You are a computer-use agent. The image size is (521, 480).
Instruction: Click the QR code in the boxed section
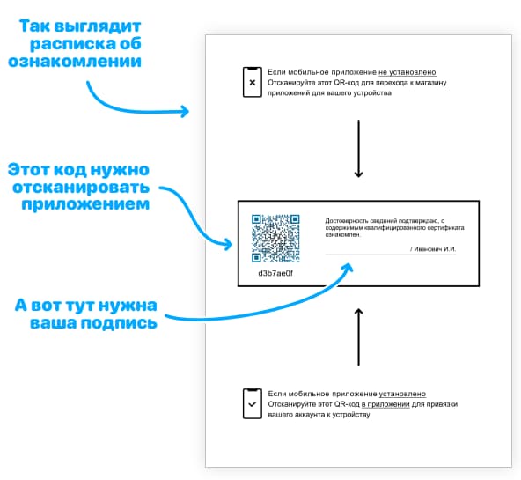(x=275, y=239)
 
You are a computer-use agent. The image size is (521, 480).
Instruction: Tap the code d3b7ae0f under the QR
(x=275, y=273)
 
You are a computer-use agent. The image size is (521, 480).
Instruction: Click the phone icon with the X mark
(x=253, y=82)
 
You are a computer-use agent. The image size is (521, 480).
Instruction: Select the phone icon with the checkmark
(x=253, y=403)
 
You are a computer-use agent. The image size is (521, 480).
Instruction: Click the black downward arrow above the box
(x=358, y=149)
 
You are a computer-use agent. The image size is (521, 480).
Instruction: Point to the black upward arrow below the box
(x=358, y=337)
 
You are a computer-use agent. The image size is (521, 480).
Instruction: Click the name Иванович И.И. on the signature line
(x=435, y=249)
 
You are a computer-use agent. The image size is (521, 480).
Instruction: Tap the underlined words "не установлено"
(x=407, y=72)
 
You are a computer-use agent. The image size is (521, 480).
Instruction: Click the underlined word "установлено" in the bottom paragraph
(x=402, y=394)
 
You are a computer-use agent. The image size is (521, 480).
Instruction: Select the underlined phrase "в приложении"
(x=385, y=404)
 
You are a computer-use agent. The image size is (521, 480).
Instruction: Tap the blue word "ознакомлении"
(x=75, y=61)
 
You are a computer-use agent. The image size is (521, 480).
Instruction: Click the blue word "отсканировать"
(x=81, y=187)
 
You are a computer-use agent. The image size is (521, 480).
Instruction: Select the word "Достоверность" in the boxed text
(x=344, y=220)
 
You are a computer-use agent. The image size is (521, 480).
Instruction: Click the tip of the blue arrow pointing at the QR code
(x=232, y=245)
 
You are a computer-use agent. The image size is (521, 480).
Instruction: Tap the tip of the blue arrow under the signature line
(x=350, y=264)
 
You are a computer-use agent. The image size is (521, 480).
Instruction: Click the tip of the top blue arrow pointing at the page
(x=188, y=111)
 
